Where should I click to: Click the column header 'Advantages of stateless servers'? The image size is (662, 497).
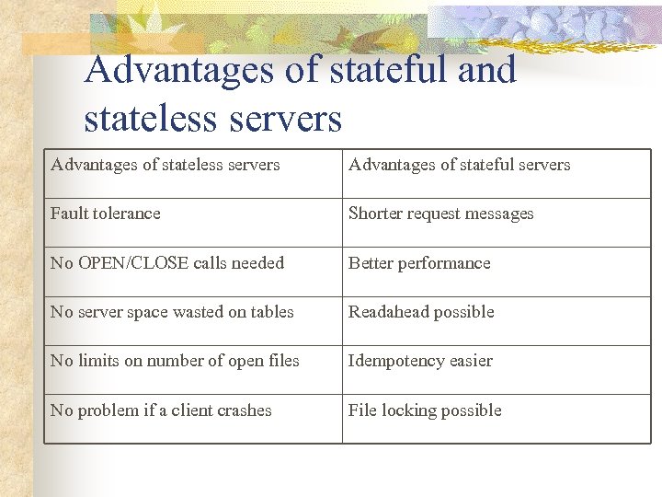[x=165, y=165]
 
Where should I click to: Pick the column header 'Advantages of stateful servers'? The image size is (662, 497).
[x=459, y=165]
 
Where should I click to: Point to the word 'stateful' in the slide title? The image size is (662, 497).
[x=382, y=70]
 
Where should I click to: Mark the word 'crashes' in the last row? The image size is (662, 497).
[x=243, y=410]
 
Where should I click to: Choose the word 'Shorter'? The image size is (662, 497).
[x=376, y=214]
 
